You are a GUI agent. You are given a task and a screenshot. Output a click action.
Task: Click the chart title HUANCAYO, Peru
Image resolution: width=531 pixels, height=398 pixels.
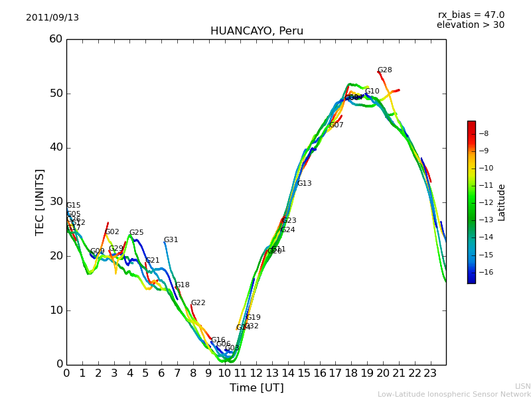(256, 31)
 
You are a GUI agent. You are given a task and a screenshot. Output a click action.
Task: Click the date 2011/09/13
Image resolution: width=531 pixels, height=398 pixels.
(52, 18)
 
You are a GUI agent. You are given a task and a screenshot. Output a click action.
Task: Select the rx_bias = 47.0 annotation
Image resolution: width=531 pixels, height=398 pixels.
(471, 15)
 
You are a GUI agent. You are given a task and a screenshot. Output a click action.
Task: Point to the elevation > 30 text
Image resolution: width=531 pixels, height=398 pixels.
(470, 25)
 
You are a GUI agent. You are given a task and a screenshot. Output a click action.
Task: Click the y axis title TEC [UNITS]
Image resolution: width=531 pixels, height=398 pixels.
(40, 202)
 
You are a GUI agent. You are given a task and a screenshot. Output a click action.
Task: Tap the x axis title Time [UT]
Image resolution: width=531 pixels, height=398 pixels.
(256, 388)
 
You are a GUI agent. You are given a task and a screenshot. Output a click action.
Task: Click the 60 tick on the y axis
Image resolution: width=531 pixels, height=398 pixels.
(56, 39)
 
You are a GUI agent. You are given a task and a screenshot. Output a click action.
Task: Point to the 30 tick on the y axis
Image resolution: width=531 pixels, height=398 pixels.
(56, 202)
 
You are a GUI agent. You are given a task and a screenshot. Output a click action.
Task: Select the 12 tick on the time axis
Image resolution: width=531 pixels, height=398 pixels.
(256, 373)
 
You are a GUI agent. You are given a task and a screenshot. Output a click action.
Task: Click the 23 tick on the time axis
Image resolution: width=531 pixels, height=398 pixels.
(430, 373)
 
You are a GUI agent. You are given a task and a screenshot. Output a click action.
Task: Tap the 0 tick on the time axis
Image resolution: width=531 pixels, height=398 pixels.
(66, 373)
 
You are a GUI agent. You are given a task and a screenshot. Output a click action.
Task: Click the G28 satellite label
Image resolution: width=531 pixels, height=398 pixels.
(384, 70)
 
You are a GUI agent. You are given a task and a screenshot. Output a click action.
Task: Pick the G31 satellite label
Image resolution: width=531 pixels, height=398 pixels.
(171, 240)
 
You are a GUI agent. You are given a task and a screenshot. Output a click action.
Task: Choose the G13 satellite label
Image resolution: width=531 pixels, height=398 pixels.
(304, 184)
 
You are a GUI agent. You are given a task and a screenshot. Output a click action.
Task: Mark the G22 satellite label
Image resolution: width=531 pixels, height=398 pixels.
(198, 303)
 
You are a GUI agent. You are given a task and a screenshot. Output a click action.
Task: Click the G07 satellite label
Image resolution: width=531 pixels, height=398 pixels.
(336, 125)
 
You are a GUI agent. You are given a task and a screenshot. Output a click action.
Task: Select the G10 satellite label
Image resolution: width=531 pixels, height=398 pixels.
(372, 92)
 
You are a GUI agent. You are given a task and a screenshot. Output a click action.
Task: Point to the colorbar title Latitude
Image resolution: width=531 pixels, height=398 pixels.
(502, 202)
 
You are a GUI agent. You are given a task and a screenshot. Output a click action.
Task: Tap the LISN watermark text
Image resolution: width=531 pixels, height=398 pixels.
(522, 386)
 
